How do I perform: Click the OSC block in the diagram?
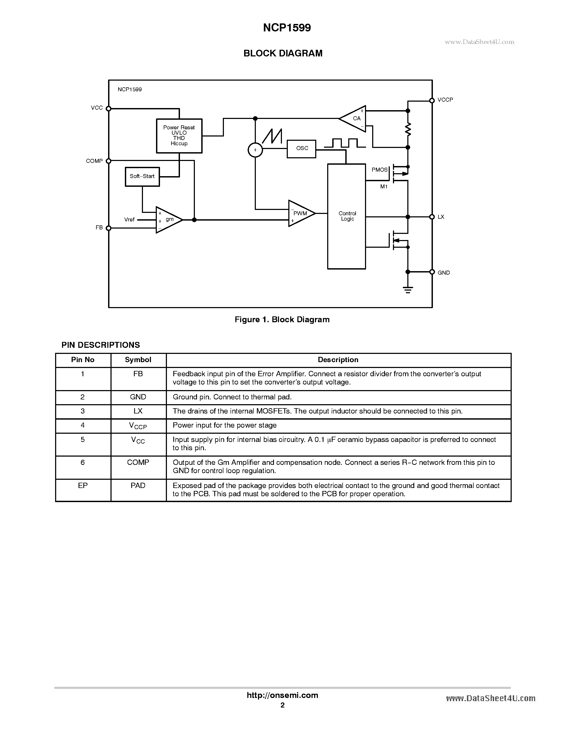pos(301,148)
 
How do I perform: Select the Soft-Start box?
pos(142,176)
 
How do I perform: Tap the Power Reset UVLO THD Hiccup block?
pos(179,136)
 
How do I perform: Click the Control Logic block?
pos(346,216)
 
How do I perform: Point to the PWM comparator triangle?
pos(300,213)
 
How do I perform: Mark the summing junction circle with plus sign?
pos(255,150)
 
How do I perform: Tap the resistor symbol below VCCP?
pos(408,129)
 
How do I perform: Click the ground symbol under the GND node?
pos(408,290)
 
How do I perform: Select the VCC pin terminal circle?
pos(109,109)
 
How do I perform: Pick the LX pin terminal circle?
pos(432,217)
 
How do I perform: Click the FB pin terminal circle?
pos(109,228)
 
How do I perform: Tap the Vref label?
pos(129,220)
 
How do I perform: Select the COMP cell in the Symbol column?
pos(138,462)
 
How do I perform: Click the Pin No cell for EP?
pos(83,486)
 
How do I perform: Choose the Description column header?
pos(338,360)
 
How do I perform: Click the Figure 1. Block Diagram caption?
pos(282,320)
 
